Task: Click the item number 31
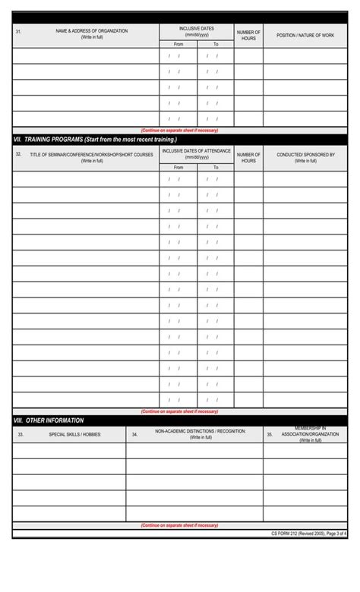coord(18,31)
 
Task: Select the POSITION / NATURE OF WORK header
coord(305,36)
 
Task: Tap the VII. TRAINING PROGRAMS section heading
coord(96,140)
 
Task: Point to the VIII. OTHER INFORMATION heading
coord(49,420)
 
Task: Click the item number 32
coord(18,154)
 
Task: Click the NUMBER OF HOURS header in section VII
coord(248,157)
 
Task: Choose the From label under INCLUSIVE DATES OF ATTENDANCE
coord(178,167)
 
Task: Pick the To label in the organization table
coord(216,44)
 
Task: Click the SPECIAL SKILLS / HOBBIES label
coord(75,435)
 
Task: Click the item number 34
coord(134,435)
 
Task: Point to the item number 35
coord(270,435)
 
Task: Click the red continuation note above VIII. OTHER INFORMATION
coord(179,411)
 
